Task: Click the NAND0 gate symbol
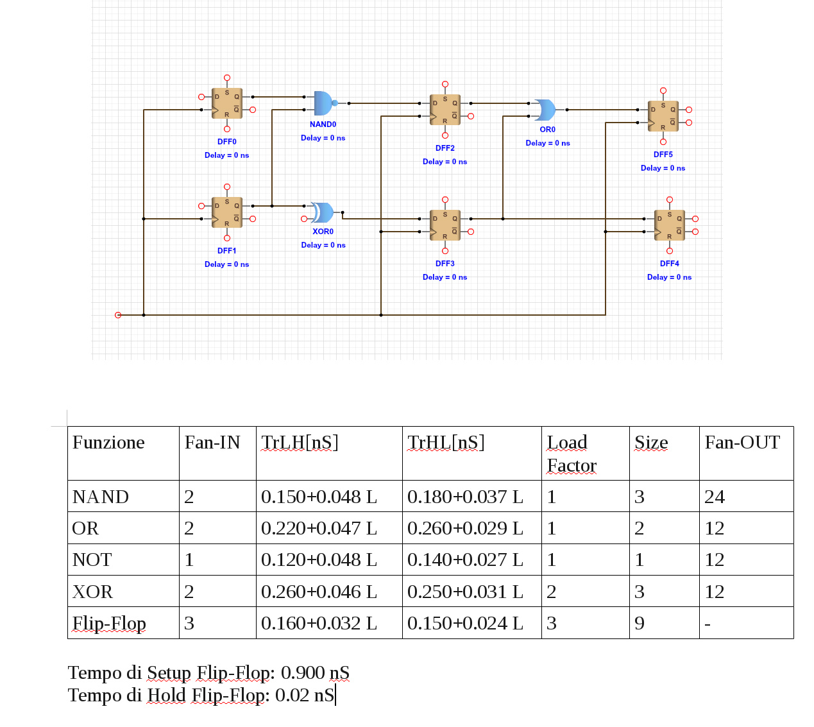[x=323, y=103]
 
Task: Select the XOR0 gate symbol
[x=323, y=212]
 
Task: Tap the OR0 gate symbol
[x=546, y=110]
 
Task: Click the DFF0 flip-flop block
[x=227, y=103]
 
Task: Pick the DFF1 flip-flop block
[x=227, y=212]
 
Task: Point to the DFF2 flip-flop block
[x=445, y=110]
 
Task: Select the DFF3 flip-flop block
[x=445, y=225]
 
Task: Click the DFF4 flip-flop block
[x=670, y=225]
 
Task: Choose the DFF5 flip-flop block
[x=663, y=116]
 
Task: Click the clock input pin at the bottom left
[x=118, y=315]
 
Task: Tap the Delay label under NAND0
[x=323, y=138]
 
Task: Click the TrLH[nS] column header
[x=300, y=443]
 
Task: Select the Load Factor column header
[x=571, y=454]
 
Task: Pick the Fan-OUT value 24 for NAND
[x=715, y=497]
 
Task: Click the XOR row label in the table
[x=93, y=592]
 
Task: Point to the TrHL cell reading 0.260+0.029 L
[x=465, y=528]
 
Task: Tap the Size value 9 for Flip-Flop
[x=640, y=623]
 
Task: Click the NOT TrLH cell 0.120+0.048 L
[x=319, y=560]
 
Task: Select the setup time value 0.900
[x=303, y=672]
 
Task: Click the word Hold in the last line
[x=166, y=695]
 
